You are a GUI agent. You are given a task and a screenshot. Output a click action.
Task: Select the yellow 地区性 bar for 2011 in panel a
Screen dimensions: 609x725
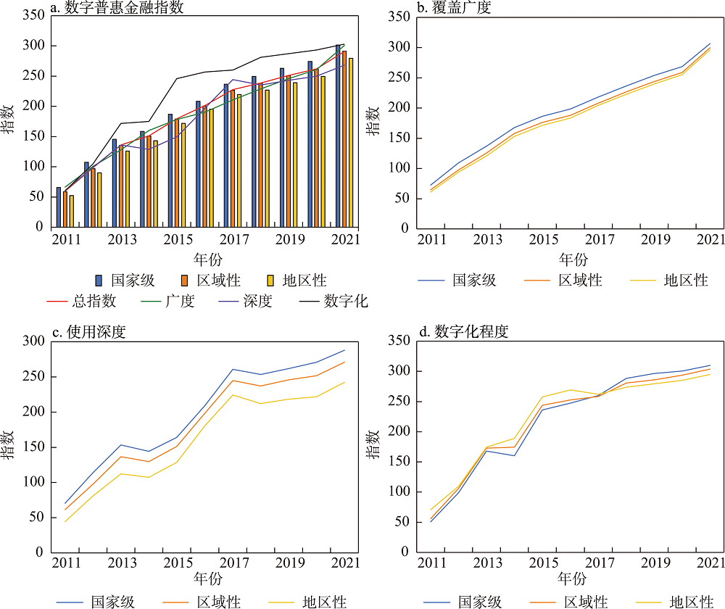tap(71, 211)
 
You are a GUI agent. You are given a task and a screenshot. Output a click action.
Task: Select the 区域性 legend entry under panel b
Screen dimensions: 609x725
tap(580, 280)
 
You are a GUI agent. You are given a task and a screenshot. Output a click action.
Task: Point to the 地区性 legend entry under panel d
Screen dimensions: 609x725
tap(689, 601)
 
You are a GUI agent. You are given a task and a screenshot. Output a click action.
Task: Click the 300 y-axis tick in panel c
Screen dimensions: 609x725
tap(34, 341)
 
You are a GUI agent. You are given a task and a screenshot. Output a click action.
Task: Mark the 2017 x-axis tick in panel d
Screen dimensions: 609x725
tap(600, 562)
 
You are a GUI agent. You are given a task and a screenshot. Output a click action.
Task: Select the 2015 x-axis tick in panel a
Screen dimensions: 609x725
tap(174, 239)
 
